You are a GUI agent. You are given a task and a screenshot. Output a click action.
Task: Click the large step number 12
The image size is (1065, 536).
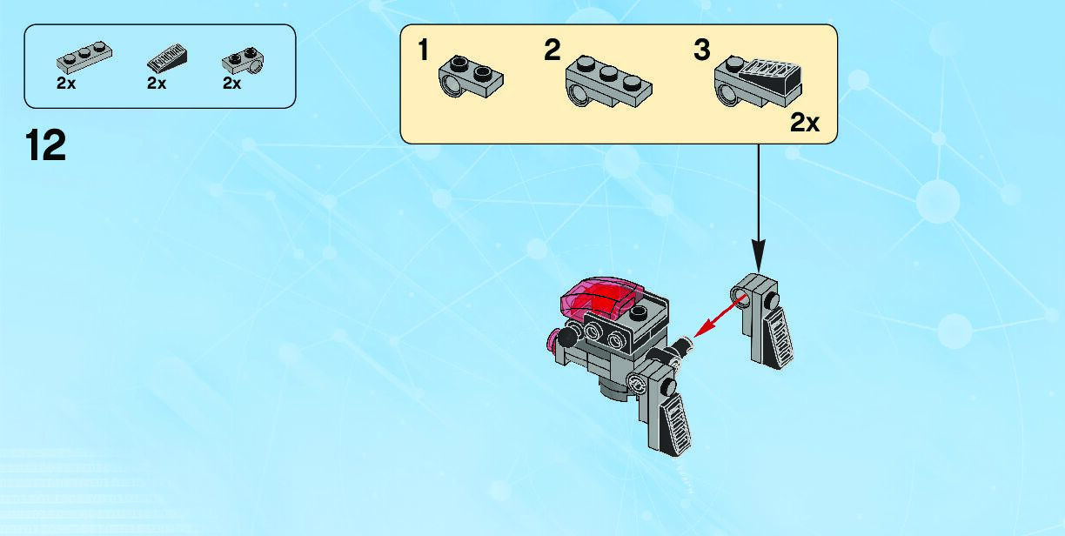(x=46, y=145)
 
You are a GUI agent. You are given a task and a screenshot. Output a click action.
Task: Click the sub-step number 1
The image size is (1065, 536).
(x=424, y=50)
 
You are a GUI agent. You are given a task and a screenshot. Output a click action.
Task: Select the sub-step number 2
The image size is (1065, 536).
(x=552, y=50)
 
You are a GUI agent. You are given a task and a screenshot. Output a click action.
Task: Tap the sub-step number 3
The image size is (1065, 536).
(x=702, y=50)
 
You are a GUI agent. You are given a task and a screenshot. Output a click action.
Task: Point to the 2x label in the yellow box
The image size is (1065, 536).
(x=804, y=123)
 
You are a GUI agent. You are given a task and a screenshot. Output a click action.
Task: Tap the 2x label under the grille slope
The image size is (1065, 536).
(x=157, y=84)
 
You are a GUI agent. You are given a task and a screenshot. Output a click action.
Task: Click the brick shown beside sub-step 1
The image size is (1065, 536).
(x=472, y=77)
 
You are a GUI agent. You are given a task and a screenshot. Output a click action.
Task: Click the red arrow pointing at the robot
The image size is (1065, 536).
(x=719, y=318)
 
